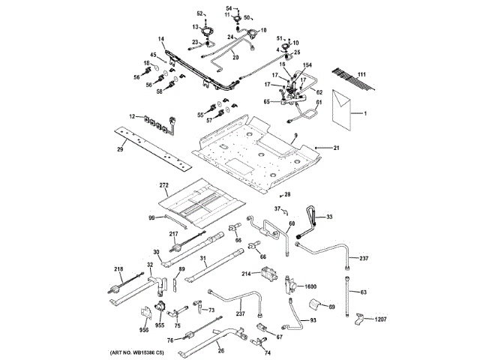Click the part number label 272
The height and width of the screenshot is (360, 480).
[x=164, y=184]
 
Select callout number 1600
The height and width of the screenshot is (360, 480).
[x=310, y=286]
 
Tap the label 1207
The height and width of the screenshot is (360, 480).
[x=382, y=320]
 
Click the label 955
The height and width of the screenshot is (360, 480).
[x=160, y=326]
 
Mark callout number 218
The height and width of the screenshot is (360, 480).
[x=118, y=269]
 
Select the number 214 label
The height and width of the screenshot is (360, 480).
[x=246, y=274]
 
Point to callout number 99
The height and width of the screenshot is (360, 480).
[x=151, y=217]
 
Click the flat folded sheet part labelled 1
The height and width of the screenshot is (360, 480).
[x=342, y=111]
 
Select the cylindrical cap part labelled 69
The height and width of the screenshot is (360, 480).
[x=309, y=304]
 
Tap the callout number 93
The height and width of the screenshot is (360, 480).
[x=313, y=320]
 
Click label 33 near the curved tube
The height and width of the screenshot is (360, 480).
[x=328, y=217]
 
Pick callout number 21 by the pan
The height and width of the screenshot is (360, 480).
[x=337, y=147]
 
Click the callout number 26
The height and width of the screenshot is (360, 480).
[x=220, y=348]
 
